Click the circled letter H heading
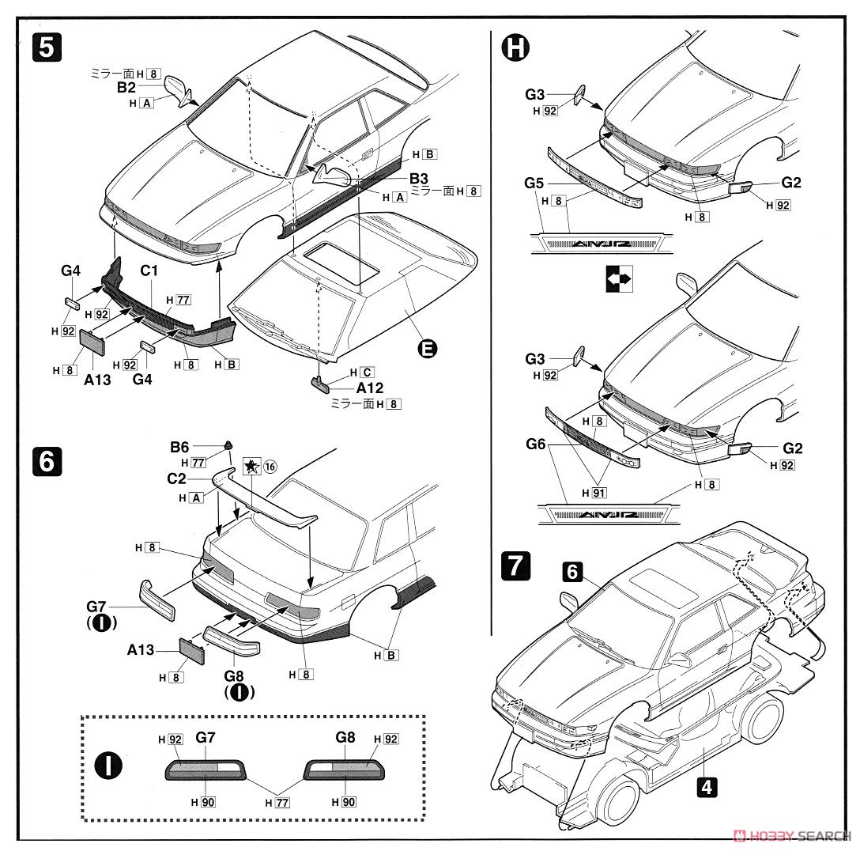(x=515, y=49)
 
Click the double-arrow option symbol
(x=618, y=279)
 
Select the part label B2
(x=127, y=87)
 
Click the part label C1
(x=150, y=271)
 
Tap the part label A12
(x=369, y=388)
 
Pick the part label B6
(x=180, y=447)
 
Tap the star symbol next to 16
(x=251, y=467)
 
